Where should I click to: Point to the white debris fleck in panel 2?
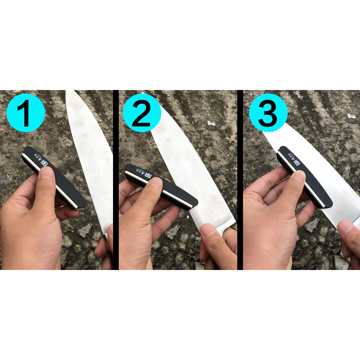click(x=211, y=123)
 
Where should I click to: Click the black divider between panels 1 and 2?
click(x=116, y=180)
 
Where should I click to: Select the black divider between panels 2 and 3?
click(x=240, y=180)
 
